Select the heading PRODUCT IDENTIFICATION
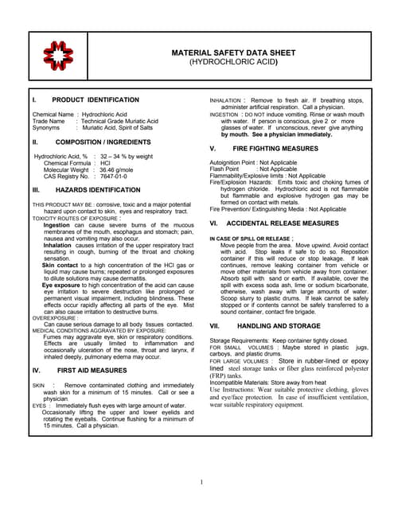95,100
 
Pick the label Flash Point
225,169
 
